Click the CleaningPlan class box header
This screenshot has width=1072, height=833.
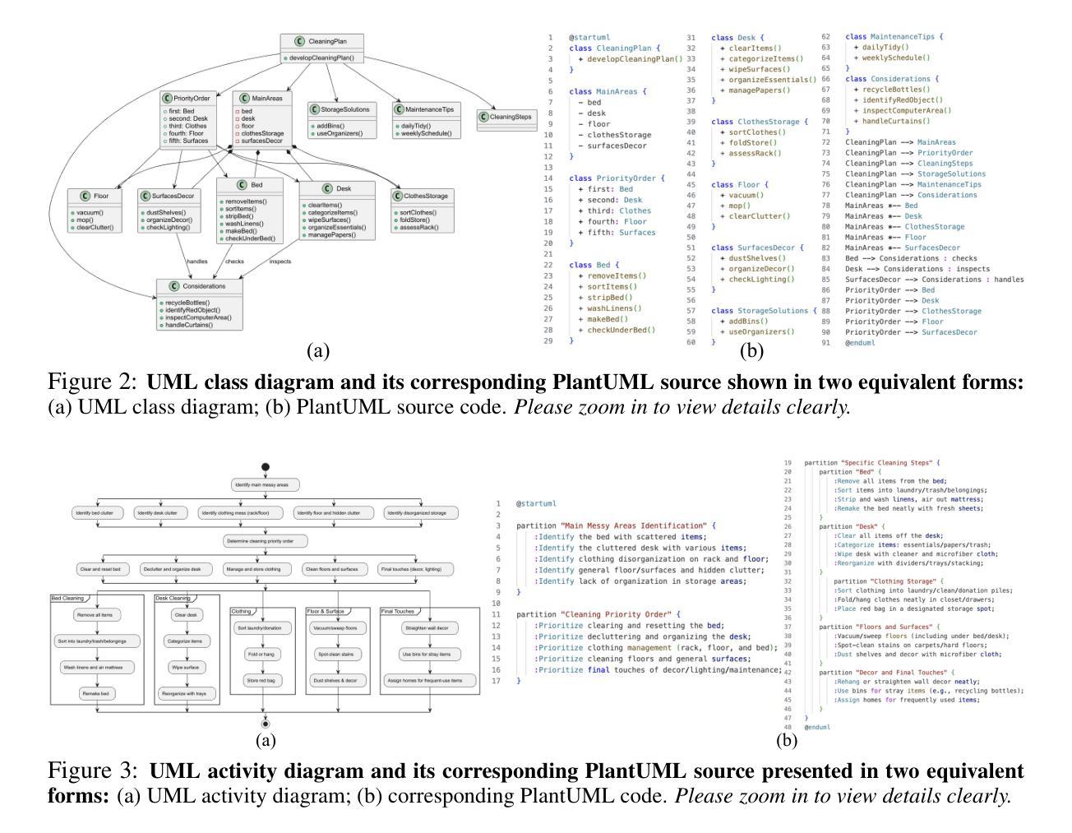[321, 41]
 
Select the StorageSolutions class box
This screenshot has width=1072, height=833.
[340, 118]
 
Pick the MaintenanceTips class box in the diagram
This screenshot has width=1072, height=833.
[423, 118]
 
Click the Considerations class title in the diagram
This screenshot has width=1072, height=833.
[200, 286]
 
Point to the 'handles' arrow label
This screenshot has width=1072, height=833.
[196, 261]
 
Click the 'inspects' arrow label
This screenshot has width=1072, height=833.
[280, 261]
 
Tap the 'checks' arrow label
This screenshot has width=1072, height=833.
[234, 261]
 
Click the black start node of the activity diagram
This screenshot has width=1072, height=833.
[265, 467]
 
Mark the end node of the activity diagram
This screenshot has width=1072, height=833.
[265, 724]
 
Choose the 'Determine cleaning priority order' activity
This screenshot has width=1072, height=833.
[265, 541]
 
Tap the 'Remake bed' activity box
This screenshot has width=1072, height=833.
[97, 694]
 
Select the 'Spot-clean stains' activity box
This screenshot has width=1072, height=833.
[335, 655]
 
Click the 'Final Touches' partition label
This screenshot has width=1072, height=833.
[398, 611]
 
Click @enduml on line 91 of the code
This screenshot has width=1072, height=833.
[861, 342]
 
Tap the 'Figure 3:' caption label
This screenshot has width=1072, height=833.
[94, 771]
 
